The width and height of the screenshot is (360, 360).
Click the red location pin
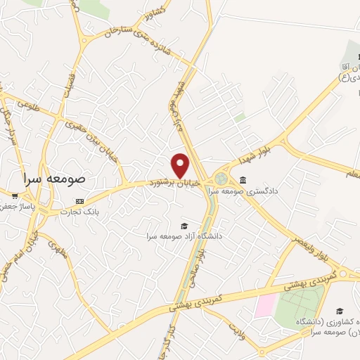(x=181, y=165)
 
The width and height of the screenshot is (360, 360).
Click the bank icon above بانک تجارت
(x=79, y=200)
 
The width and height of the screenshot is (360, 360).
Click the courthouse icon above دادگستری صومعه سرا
(x=243, y=180)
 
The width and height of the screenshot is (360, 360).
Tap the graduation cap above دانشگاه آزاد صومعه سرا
(x=184, y=226)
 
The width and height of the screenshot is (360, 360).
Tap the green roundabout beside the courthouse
(x=222, y=179)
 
